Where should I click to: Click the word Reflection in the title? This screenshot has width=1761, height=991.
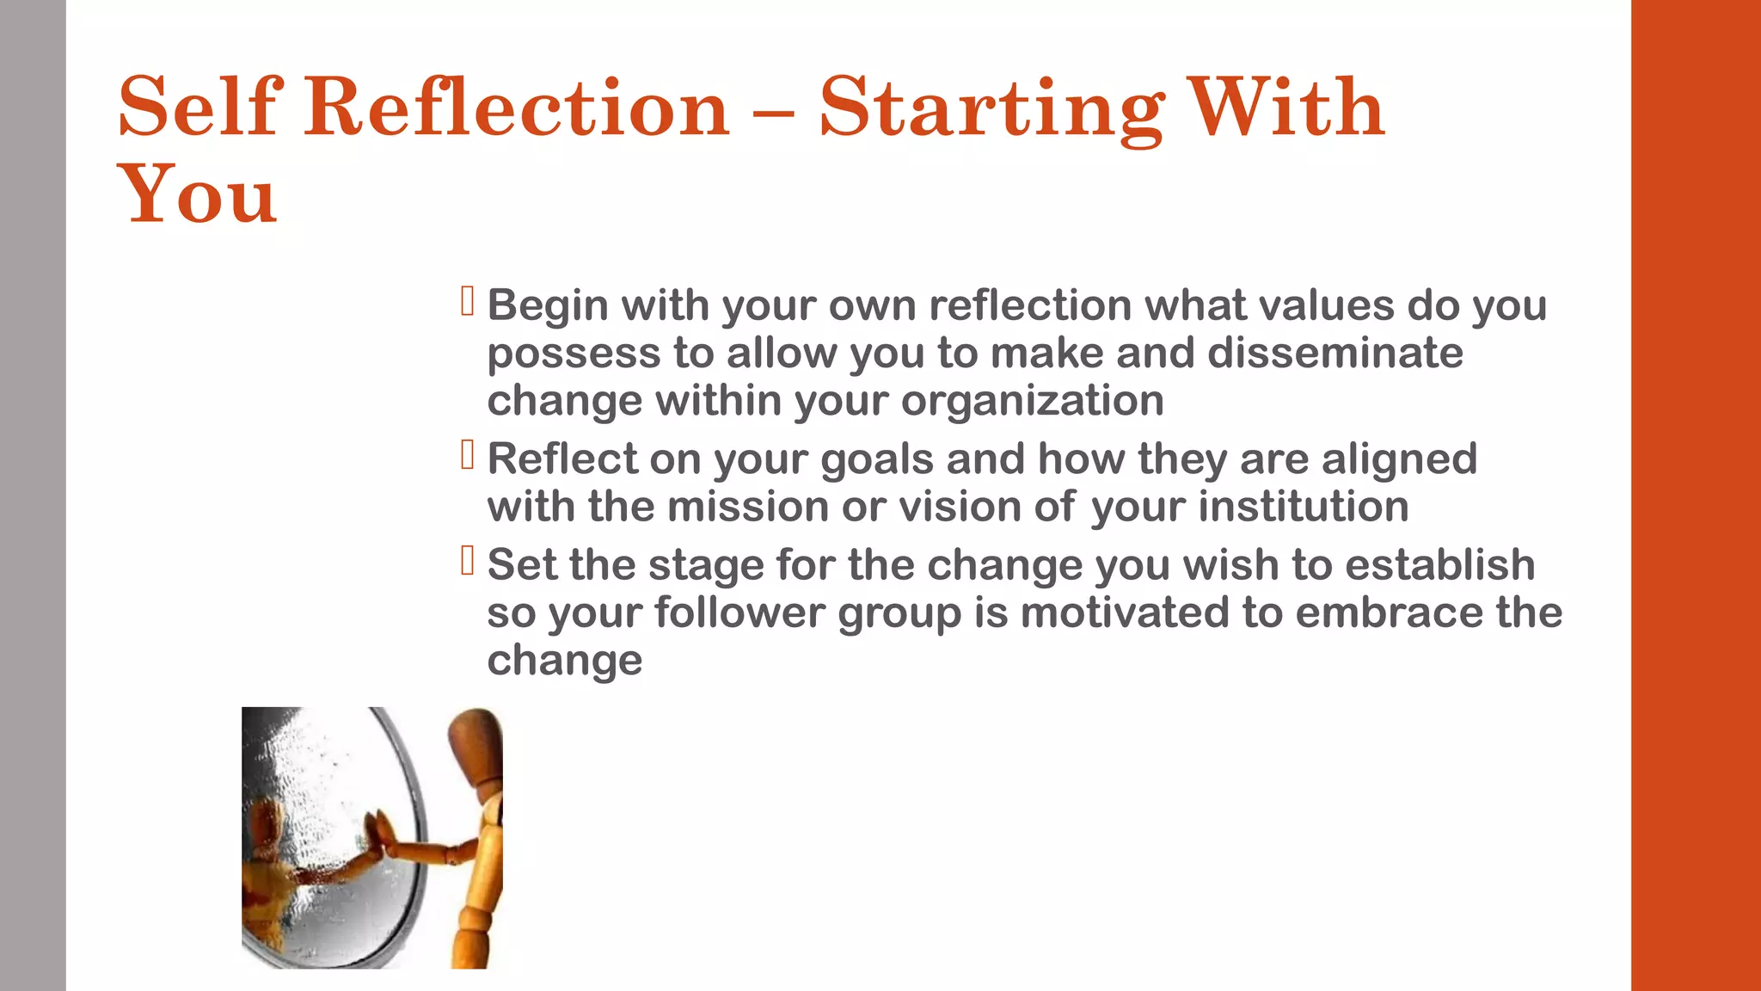tap(516, 108)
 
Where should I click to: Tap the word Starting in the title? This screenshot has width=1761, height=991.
tap(991, 109)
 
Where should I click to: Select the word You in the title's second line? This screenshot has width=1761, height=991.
tap(197, 195)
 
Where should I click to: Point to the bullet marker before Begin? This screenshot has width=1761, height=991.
tap(468, 301)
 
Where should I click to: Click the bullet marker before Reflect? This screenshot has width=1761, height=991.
tap(468, 455)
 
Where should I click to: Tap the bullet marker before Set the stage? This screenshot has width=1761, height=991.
tap(468, 561)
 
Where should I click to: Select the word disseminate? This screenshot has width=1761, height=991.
tap(1335, 353)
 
